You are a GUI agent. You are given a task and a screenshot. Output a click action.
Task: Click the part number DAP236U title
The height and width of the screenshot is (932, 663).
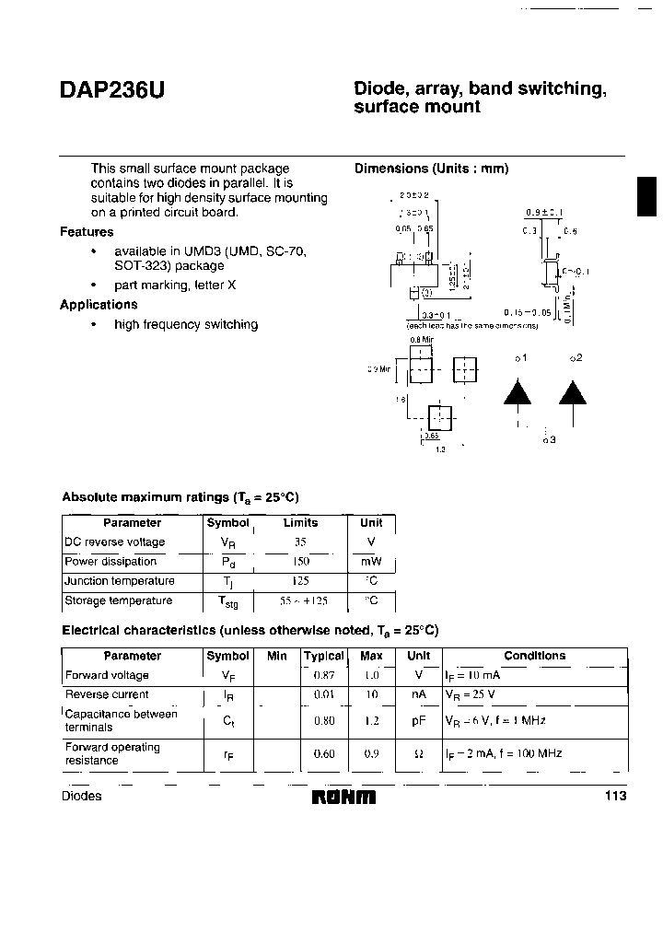click(x=113, y=92)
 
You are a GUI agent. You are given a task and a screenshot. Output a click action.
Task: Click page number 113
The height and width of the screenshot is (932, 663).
click(x=615, y=796)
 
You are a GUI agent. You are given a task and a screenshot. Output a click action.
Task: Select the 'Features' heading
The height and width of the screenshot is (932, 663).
click(x=87, y=232)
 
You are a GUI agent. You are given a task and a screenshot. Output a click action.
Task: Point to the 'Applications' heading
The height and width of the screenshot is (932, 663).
click(x=99, y=305)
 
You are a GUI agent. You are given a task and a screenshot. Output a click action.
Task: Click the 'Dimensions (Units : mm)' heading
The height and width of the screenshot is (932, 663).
click(x=432, y=169)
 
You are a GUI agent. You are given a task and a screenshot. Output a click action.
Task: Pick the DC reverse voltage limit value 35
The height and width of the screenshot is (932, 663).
click(x=300, y=542)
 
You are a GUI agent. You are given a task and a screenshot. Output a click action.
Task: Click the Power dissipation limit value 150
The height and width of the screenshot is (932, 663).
click(x=300, y=562)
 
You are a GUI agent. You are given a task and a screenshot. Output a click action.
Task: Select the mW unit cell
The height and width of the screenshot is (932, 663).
click(x=371, y=562)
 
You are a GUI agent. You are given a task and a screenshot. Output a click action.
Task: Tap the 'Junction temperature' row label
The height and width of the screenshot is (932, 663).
click(x=119, y=581)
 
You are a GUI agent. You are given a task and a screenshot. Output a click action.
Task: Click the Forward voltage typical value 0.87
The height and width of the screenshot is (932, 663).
click(x=323, y=675)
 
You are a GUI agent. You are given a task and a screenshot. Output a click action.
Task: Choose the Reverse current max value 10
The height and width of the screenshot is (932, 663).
click(x=371, y=694)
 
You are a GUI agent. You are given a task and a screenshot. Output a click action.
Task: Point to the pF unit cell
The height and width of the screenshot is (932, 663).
click(x=418, y=721)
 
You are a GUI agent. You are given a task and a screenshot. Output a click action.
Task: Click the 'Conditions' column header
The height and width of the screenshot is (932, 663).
click(x=534, y=656)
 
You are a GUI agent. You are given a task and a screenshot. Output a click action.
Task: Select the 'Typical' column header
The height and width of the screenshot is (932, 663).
click(x=323, y=656)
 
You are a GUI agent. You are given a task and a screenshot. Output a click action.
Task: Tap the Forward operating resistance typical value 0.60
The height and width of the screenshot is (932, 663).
click(x=323, y=753)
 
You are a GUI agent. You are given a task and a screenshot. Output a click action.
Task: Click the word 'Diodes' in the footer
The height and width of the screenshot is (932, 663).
click(x=81, y=796)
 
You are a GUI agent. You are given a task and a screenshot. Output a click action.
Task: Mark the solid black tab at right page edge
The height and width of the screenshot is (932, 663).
click(x=648, y=198)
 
